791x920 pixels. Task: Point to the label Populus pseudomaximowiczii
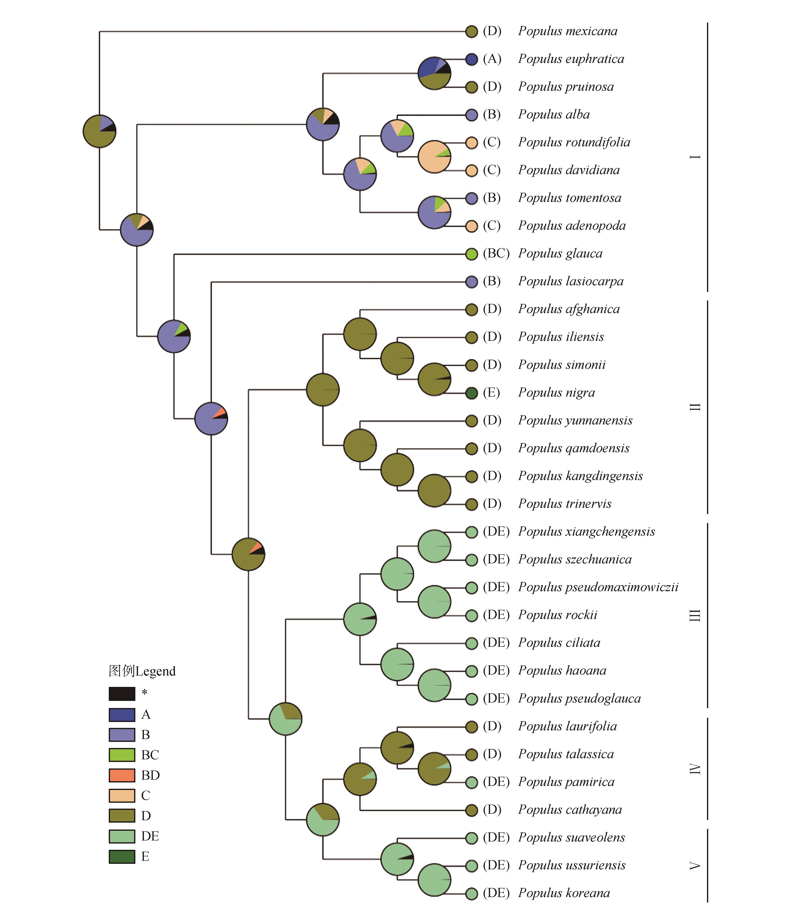point(598,588)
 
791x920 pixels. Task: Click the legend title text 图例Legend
point(142,671)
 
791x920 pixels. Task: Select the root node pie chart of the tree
point(99,131)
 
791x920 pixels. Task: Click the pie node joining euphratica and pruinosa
point(434,73)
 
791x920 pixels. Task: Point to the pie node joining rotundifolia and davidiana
point(434,157)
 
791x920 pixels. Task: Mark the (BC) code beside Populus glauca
point(496,254)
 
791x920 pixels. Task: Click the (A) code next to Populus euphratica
point(492,59)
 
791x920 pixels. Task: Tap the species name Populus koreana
point(564,893)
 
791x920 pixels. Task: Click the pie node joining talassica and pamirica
point(434,769)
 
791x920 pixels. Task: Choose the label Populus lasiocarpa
point(571,282)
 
